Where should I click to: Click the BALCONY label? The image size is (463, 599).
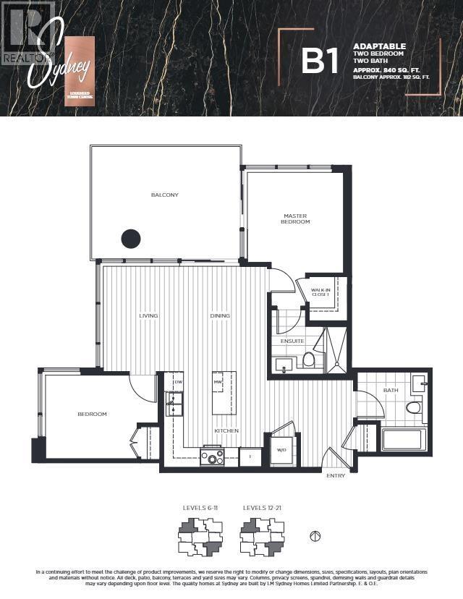164,195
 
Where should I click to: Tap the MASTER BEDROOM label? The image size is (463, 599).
296,218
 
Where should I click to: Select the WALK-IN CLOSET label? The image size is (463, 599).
320,293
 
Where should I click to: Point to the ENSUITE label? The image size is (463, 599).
292,341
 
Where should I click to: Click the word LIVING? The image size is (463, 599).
149,316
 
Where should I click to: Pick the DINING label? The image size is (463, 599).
220,316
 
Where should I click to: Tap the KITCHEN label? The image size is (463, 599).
226,431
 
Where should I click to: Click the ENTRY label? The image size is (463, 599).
336,475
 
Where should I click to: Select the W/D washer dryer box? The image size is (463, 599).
281,451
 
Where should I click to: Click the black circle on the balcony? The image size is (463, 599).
130,238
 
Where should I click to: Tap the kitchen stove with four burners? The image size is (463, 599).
213,457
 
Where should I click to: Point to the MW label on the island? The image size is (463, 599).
217,382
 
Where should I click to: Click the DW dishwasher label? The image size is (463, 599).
178,382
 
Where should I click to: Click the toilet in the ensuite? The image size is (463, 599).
308,359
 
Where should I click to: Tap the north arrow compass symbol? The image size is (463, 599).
315,537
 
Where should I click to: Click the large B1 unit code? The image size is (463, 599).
320,61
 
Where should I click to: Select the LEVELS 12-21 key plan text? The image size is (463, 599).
262,509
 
